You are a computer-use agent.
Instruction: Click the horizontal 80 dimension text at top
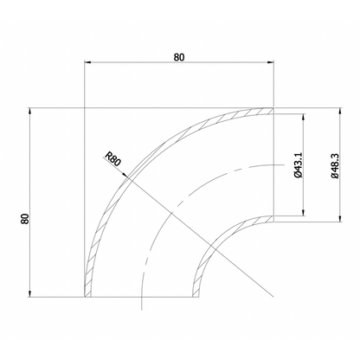pos(178,57)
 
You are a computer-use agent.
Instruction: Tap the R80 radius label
pos(112,158)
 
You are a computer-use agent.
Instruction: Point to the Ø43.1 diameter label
pos(297,164)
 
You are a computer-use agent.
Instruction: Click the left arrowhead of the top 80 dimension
pos(87,63)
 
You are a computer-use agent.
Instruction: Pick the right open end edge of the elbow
pos(273,164)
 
